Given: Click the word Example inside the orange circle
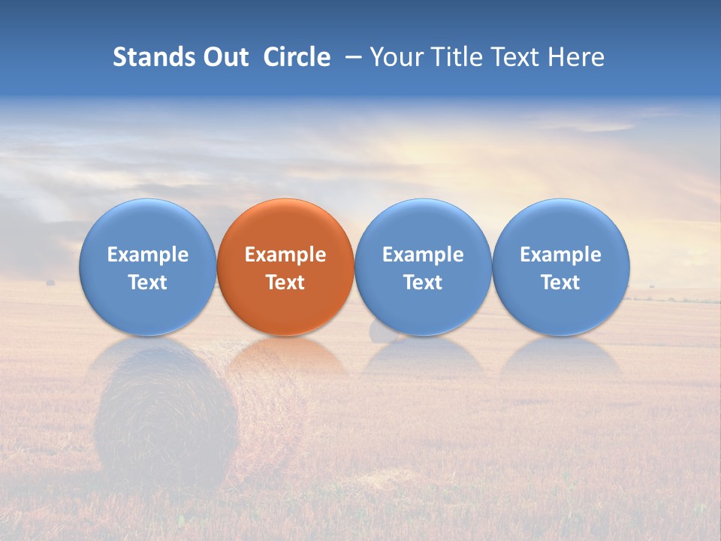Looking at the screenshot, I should pos(285,255).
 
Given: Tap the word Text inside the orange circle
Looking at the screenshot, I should pos(285,283).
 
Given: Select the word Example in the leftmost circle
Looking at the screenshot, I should pos(147,255).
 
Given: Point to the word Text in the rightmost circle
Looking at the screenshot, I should pos(561,283).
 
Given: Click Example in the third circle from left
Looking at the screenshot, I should pos(423,255).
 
